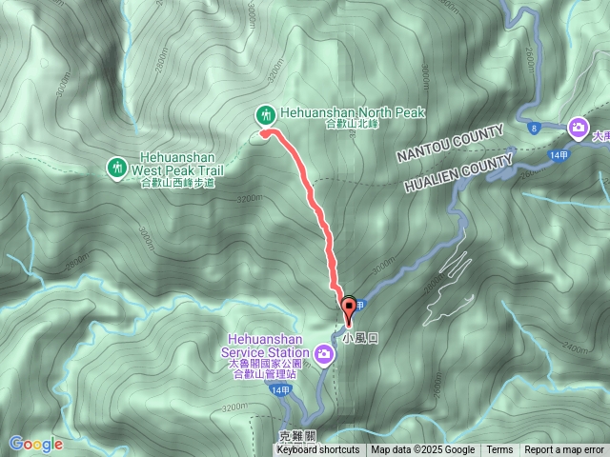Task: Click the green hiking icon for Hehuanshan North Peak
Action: click(x=267, y=114)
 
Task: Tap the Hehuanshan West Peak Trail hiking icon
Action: click(x=116, y=168)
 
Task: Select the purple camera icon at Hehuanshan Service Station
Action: click(x=324, y=356)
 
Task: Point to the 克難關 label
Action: click(x=296, y=436)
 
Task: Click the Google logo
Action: click(x=36, y=444)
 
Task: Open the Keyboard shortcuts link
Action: click(x=317, y=450)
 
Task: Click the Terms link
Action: click(x=499, y=450)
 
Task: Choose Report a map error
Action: click(x=564, y=450)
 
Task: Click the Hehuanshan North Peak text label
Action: click(x=351, y=112)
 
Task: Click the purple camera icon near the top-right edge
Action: click(x=578, y=127)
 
